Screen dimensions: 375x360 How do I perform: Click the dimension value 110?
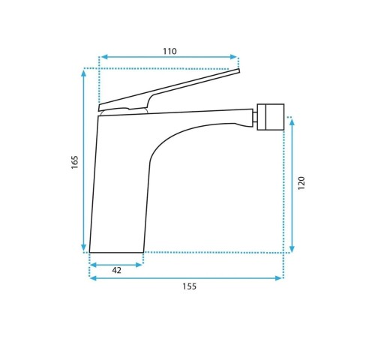tap(169, 51)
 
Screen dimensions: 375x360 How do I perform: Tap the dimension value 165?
tap(75, 162)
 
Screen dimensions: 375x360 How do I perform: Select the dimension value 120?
tap(301, 183)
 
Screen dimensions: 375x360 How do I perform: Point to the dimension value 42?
tap(116, 270)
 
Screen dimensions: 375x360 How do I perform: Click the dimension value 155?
tap(189, 286)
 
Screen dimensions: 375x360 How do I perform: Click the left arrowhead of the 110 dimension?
tap(104, 57)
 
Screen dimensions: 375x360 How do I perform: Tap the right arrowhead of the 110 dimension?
tap(233, 57)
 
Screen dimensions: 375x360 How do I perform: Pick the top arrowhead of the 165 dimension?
tap(84, 73)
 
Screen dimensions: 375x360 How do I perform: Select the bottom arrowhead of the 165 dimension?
tap(84, 247)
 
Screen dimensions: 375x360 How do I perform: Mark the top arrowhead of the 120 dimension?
tap(292, 122)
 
